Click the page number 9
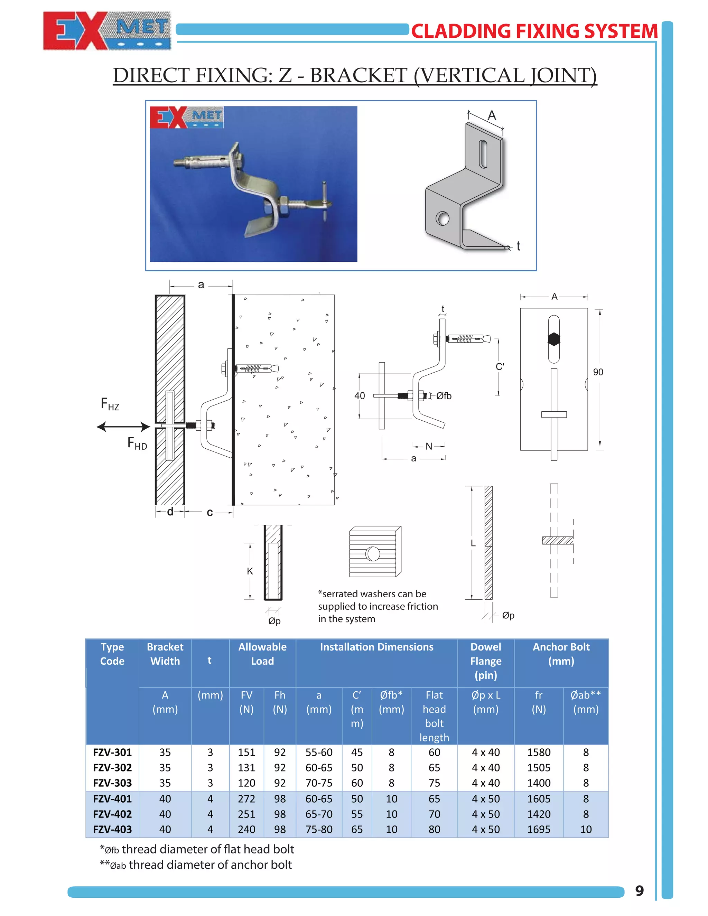tap(639, 890)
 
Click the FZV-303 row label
tap(112, 783)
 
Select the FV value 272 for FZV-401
tap(246, 798)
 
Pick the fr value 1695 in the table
tap(539, 829)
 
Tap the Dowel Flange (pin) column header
tap(486, 661)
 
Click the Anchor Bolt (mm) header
tap(561, 654)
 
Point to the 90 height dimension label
tap(598, 372)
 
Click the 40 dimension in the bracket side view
tap(360, 395)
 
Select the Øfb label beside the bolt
tap(444, 395)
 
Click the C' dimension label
tap(500, 366)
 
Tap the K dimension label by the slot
tap(250, 571)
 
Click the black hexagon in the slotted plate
tap(554, 339)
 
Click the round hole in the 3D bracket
tap(442, 218)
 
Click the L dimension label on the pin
tap(473, 543)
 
